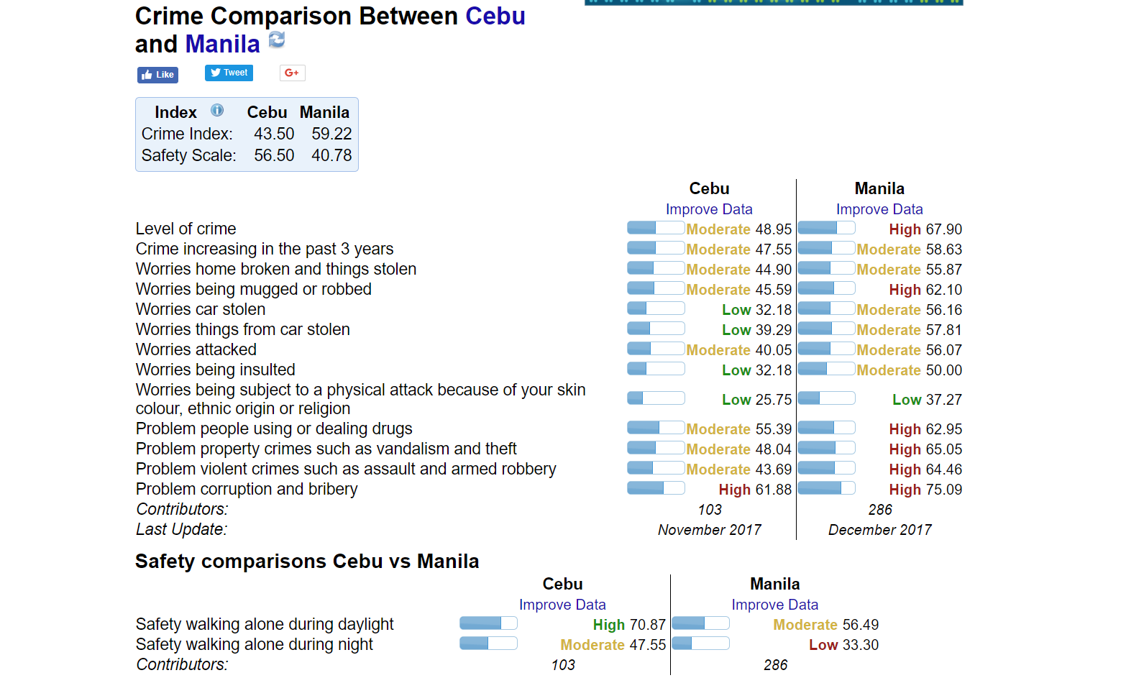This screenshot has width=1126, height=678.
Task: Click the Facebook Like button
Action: [157, 75]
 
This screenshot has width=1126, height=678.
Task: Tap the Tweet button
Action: [229, 73]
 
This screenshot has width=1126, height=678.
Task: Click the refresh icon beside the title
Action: [277, 40]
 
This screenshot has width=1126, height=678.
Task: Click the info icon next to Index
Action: [217, 111]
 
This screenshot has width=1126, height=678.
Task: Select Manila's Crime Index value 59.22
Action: [331, 134]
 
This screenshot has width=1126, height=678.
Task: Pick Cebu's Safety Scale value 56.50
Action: [274, 155]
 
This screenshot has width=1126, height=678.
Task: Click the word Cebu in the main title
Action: [495, 16]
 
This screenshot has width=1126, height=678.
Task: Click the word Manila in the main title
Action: [222, 45]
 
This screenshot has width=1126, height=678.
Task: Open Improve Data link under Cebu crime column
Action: [709, 209]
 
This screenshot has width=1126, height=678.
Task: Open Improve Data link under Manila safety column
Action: [774, 605]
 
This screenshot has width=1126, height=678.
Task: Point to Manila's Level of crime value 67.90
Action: [943, 229]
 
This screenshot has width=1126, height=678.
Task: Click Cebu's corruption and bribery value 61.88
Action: [774, 490]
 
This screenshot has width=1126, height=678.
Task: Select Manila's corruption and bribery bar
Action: [826, 488]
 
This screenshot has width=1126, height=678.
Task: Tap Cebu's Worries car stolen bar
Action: [656, 308]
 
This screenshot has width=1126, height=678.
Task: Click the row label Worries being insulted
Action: [215, 370]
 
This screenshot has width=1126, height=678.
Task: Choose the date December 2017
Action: [879, 530]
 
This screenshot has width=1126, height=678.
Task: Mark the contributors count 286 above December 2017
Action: [880, 510]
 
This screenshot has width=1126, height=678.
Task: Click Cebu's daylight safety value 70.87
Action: [647, 625]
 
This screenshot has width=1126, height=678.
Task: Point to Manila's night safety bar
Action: [700, 643]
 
